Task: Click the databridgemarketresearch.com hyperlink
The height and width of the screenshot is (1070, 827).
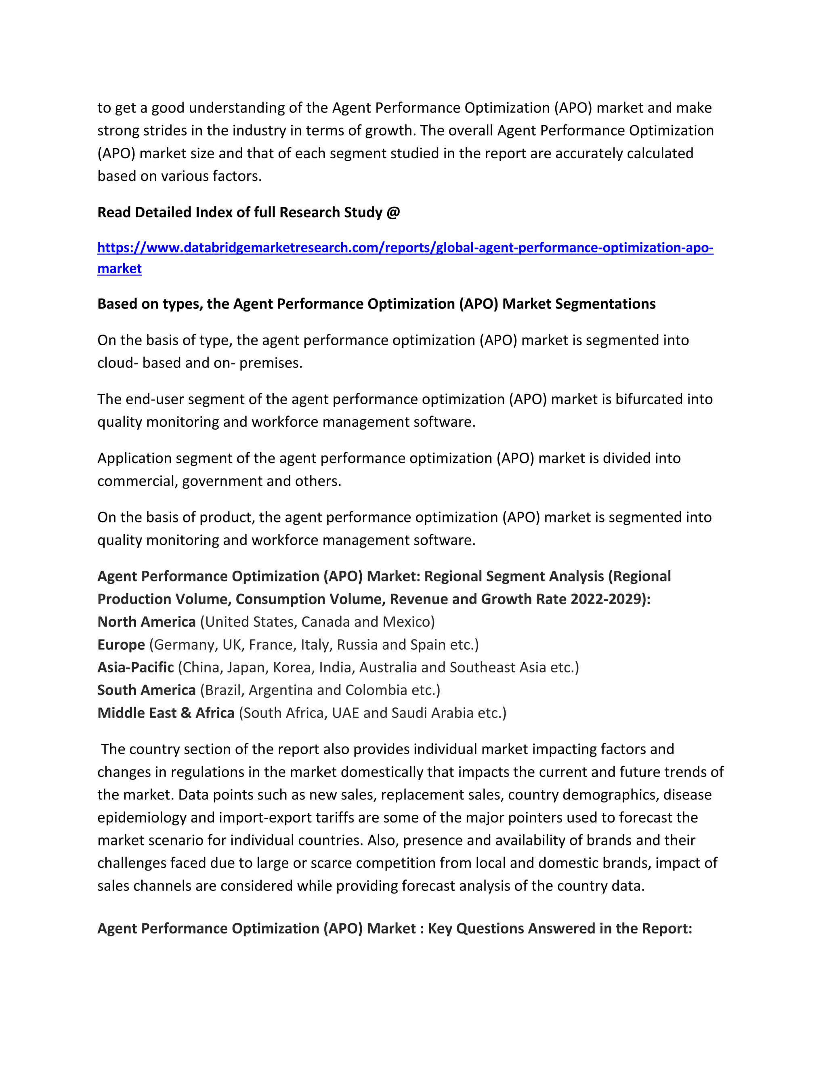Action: tap(405, 248)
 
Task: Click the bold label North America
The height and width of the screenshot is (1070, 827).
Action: tap(147, 622)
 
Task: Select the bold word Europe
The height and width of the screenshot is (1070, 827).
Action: tap(121, 645)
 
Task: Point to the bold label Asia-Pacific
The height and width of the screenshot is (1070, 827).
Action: tap(136, 667)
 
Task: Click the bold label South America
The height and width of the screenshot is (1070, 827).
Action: tap(147, 690)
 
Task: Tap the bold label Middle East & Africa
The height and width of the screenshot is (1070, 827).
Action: tap(166, 713)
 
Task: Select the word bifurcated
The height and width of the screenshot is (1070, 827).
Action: tap(649, 399)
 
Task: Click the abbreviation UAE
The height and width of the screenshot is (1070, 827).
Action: tap(345, 713)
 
